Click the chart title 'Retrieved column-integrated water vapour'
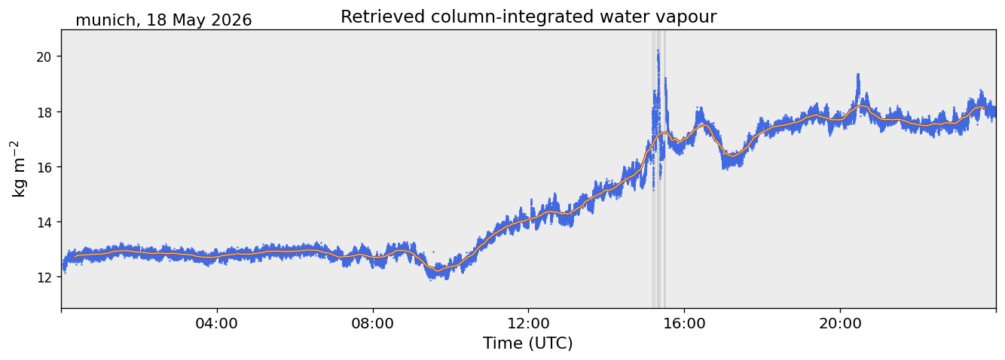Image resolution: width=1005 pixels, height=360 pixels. (529, 17)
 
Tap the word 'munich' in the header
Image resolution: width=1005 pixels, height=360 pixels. (105, 20)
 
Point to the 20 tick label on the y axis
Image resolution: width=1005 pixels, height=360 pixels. (44, 56)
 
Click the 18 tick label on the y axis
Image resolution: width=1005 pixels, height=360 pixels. (44, 112)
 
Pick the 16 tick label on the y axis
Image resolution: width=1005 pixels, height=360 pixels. (44, 167)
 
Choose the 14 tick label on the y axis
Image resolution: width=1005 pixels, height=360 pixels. (44, 222)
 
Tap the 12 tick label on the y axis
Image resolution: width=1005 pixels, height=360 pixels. (44, 277)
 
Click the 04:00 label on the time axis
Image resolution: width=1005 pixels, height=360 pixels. (217, 323)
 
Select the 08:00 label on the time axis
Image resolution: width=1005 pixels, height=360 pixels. (373, 323)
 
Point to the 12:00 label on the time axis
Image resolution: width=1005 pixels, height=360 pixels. (529, 323)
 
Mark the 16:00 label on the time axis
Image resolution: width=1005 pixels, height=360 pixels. (684, 323)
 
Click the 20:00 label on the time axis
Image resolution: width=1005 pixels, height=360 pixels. (840, 323)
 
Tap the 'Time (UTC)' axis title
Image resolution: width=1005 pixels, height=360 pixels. (528, 343)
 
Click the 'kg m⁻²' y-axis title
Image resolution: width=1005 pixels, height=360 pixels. (19, 169)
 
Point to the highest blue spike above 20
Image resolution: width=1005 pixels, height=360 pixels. (658, 51)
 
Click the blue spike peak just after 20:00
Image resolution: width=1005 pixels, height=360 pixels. (858, 75)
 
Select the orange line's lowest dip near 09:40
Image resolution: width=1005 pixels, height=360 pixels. (438, 271)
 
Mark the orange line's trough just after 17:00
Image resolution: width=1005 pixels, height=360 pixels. (732, 156)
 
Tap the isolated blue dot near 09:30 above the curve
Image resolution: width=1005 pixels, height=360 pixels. (433, 252)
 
